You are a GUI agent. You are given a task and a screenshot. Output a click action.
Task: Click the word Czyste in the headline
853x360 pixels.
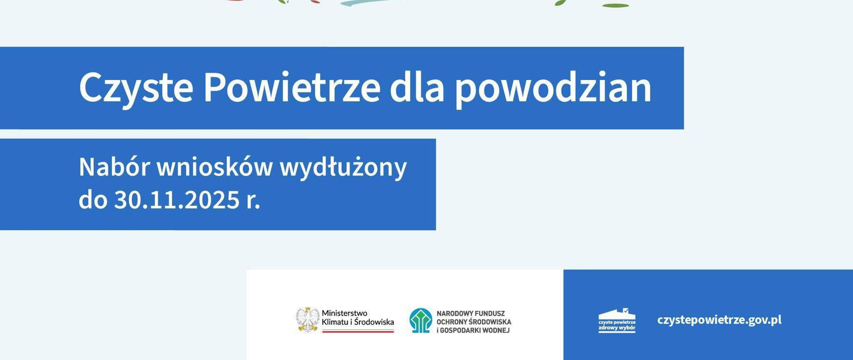(136, 88)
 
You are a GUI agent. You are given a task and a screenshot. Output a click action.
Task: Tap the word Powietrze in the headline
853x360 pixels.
(291, 87)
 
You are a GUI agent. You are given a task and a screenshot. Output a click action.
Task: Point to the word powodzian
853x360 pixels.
(553, 88)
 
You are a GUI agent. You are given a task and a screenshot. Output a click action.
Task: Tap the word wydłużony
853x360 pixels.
(343, 168)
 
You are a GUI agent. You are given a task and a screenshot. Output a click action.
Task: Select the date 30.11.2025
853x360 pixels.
(177, 200)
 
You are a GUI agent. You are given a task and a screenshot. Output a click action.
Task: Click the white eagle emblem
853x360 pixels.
(308, 320)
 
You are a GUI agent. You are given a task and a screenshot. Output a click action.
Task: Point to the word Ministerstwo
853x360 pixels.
(344, 313)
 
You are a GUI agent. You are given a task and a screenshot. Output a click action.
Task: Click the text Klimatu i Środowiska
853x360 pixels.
(358, 322)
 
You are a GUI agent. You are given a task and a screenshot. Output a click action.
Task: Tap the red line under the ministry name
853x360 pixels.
(358, 331)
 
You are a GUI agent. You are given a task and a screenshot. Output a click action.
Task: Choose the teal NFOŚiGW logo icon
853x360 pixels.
(420, 320)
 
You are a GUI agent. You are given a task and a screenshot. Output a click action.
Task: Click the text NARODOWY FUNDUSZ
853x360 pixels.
(470, 313)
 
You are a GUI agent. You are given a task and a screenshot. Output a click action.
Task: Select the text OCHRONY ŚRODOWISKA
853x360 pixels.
(474, 322)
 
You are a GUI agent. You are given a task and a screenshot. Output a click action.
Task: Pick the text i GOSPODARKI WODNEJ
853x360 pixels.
(473, 330)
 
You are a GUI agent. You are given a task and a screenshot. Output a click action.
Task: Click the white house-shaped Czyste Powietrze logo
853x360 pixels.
(617, 320)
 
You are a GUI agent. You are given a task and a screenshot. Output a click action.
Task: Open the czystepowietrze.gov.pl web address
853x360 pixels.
(719, 320)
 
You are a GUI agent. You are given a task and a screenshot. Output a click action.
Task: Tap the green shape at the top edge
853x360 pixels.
(615, 5)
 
